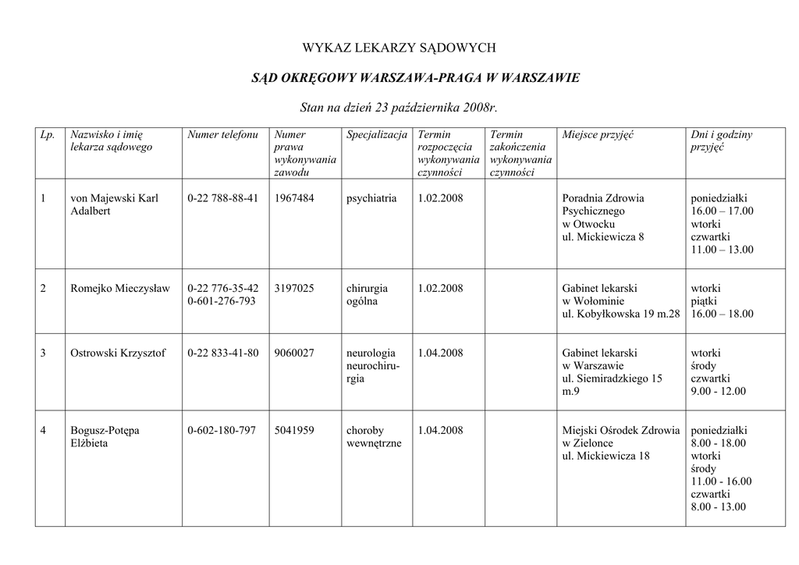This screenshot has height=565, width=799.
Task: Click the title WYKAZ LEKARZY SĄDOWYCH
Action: click(x=399, y=48)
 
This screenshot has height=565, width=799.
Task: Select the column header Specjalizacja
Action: click(x=377, y=135)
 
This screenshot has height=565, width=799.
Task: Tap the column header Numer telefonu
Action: click(x=222, y=135)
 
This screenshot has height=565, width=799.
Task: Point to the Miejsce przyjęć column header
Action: click(x=598, y=135)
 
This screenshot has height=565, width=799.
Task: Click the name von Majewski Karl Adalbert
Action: click(x=114, y=204)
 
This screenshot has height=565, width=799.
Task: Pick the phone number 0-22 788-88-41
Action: click(x=222, y=198)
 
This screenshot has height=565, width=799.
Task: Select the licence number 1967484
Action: click(x=294, y=198)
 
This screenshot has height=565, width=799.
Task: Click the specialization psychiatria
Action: click(x=371, y=198)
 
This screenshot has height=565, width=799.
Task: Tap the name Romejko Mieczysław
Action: click(x=119, y=289)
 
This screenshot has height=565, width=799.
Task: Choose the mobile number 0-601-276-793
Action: click(x=222, y=301)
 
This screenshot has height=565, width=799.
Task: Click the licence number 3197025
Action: click(x=294, y=289)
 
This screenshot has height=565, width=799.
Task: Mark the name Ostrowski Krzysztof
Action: click(x=118, y=354)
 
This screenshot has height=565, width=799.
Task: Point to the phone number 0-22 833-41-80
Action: click(x=222, y=354)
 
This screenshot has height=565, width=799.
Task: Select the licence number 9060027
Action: click(x=294, y=354)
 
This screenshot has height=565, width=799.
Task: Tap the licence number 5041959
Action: click(x=294, y=431)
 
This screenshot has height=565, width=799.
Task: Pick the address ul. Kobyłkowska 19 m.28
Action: click(x=620, y=314)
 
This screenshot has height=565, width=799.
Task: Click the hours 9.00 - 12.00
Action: click(x=718, y=391)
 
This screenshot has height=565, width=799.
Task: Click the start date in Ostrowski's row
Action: click(x=440, y=354)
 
